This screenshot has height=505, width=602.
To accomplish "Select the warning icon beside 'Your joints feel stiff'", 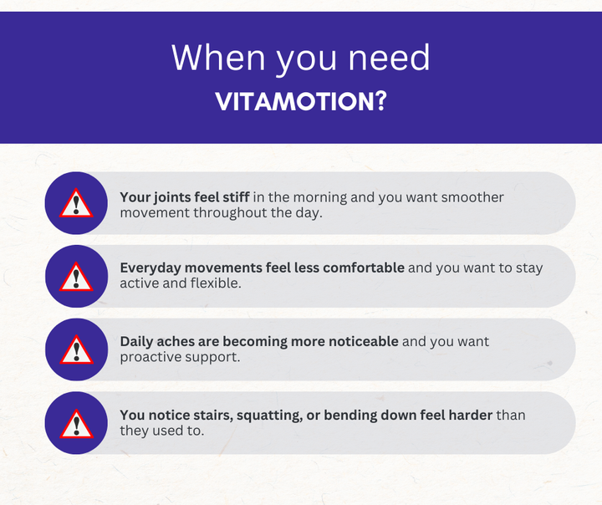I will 77,203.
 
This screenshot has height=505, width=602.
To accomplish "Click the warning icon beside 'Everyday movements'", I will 77,276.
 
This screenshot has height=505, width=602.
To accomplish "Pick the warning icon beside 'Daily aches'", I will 77,349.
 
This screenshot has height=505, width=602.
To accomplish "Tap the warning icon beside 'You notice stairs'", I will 77,423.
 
